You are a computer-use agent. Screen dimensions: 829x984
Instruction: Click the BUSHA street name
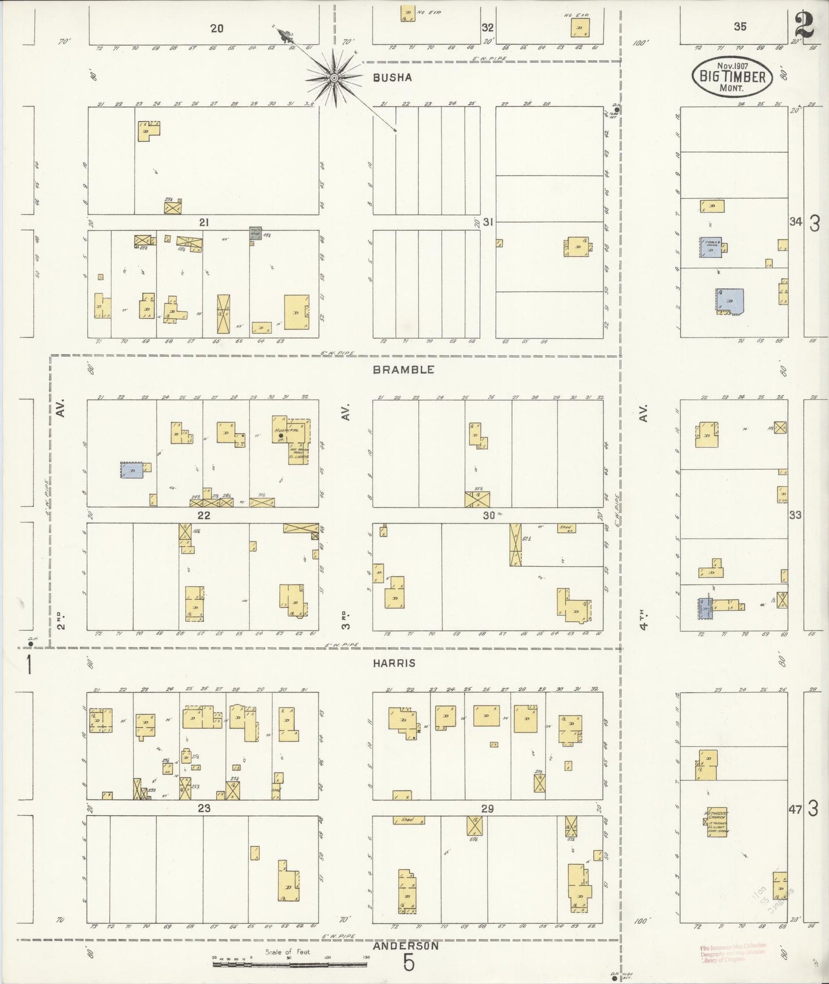[x=392, y=78]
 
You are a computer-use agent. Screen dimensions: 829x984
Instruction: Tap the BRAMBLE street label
[x=403, y=370]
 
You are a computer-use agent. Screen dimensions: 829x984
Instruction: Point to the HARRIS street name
[x=394, y=663]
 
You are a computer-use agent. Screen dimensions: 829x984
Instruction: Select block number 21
[x=204, y=223]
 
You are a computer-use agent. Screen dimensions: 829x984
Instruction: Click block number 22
[x=204, y=516]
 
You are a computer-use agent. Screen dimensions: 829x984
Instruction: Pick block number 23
[x=204, y=808]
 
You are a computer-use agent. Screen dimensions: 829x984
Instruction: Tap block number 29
[x=487, y=809]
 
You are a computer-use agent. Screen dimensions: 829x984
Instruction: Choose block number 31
[x=488, y=222]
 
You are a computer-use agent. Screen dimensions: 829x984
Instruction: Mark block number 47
[x=795, y=810]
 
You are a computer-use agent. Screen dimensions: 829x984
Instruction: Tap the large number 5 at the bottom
[x=408, y=963]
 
